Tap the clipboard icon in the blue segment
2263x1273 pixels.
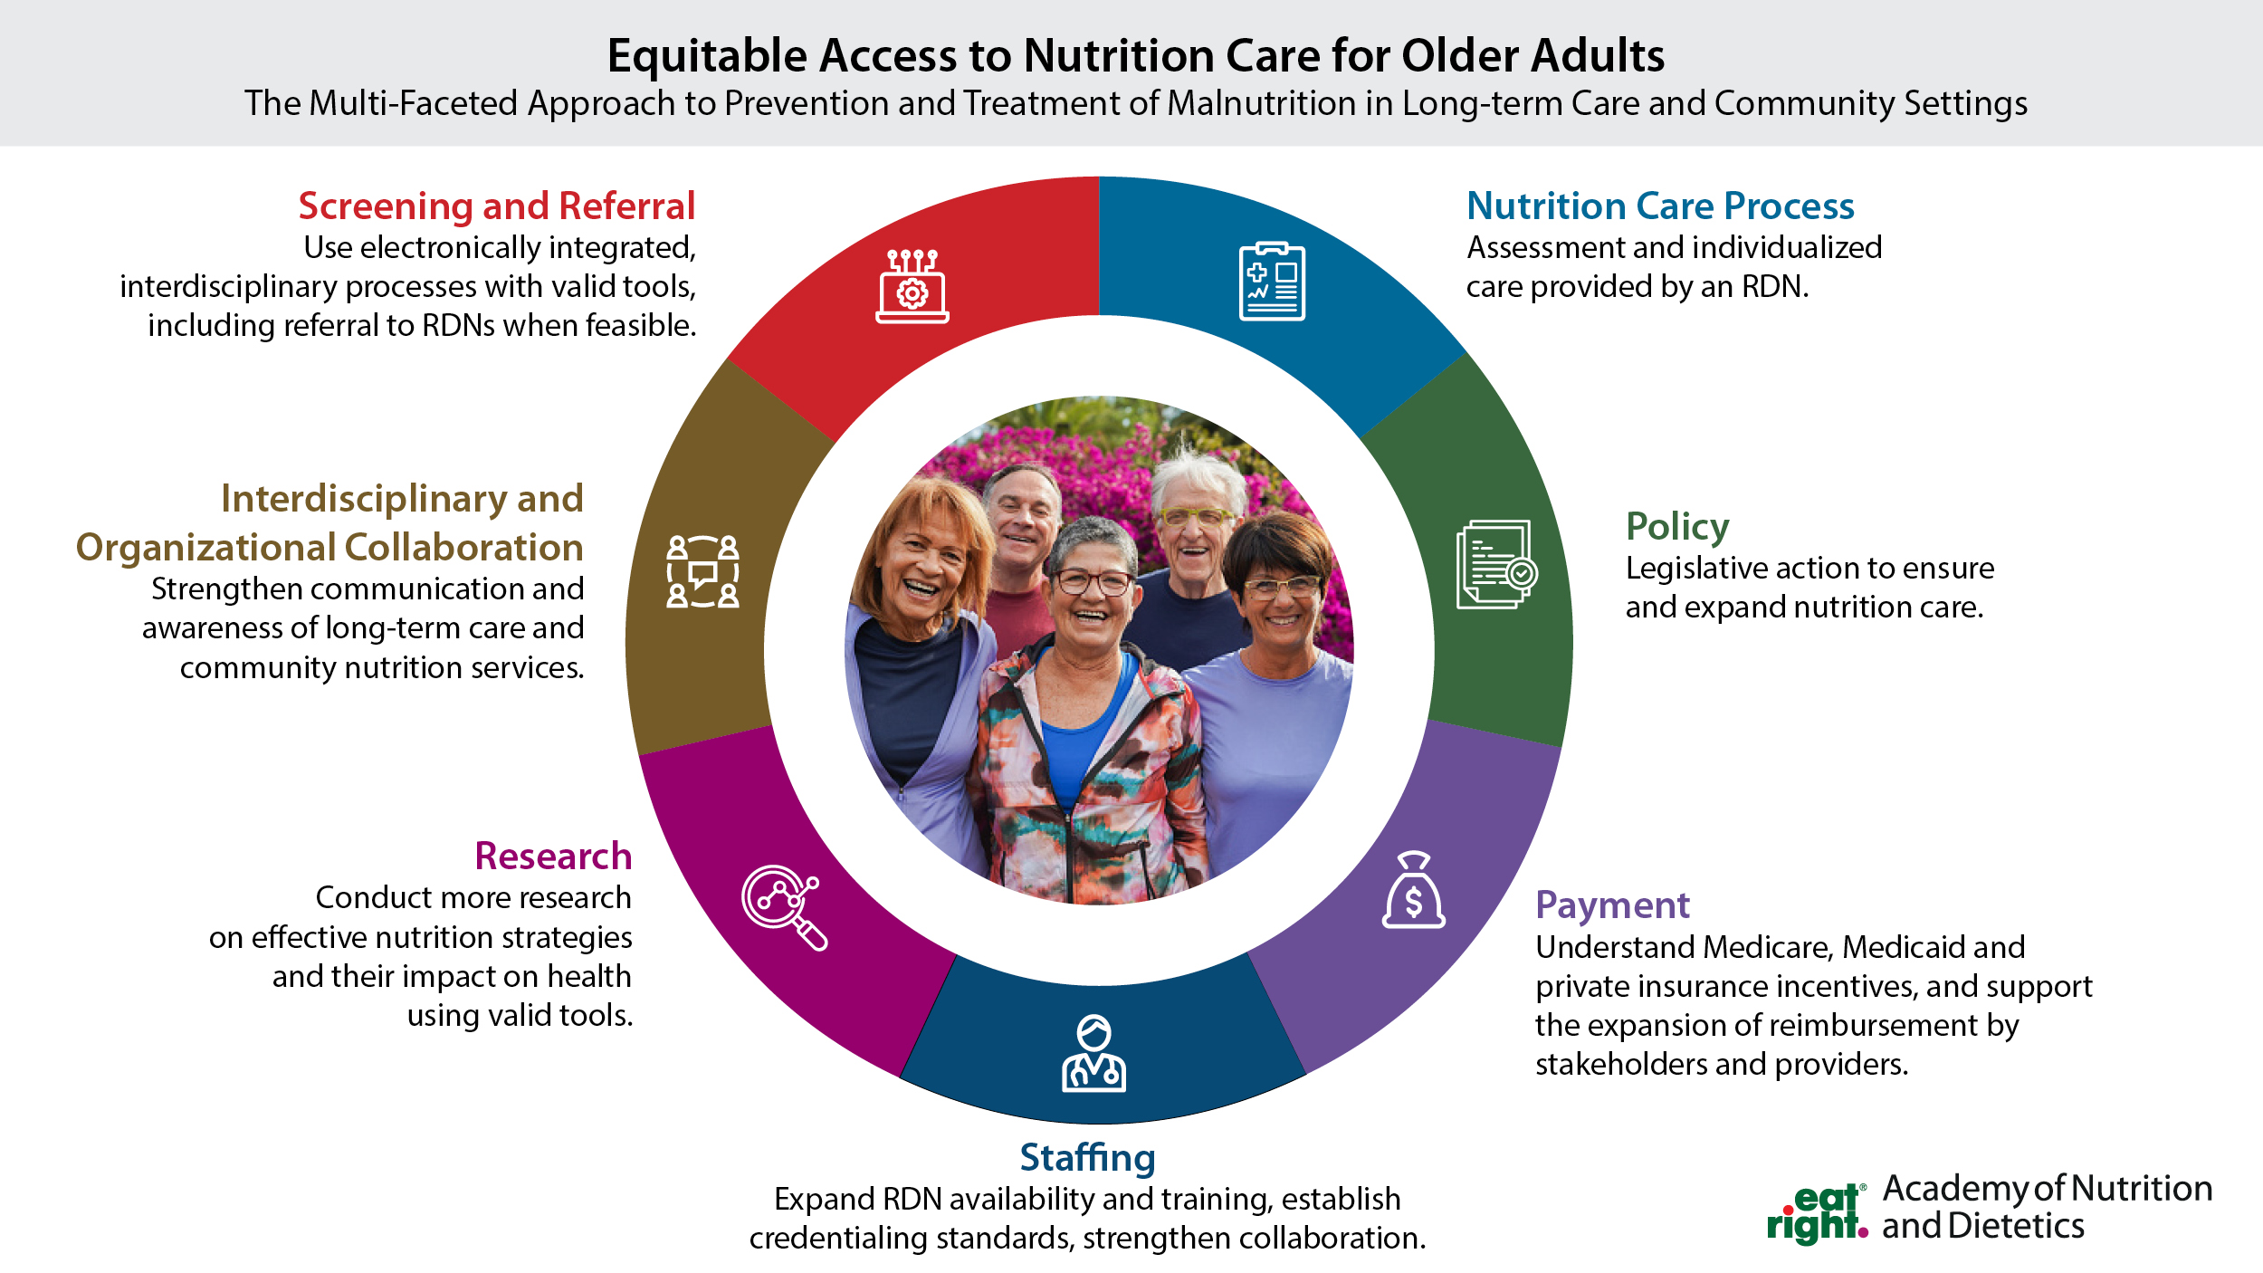click(x=1272, y=281)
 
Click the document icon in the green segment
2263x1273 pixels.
click(x=1496, y=563)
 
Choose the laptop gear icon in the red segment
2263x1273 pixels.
click(x=912, y=285)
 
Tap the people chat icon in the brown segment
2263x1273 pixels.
click(x=702, y=571)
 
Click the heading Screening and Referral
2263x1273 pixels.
click(x=497, y=206)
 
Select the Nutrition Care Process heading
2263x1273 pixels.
click(x=1660, y=206)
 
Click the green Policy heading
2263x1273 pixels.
click(x=1677, y=526)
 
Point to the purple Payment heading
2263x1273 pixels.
click(x=1612, y=904)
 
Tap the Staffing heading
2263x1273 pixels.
click(x=1087, y=1157)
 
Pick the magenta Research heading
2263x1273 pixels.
click(x=553, y=856)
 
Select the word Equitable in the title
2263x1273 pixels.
click(x=706, y=56)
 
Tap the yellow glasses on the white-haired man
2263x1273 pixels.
click(x=1197, y=518)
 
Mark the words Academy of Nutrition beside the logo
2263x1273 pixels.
click(x=2048, y=1188)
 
